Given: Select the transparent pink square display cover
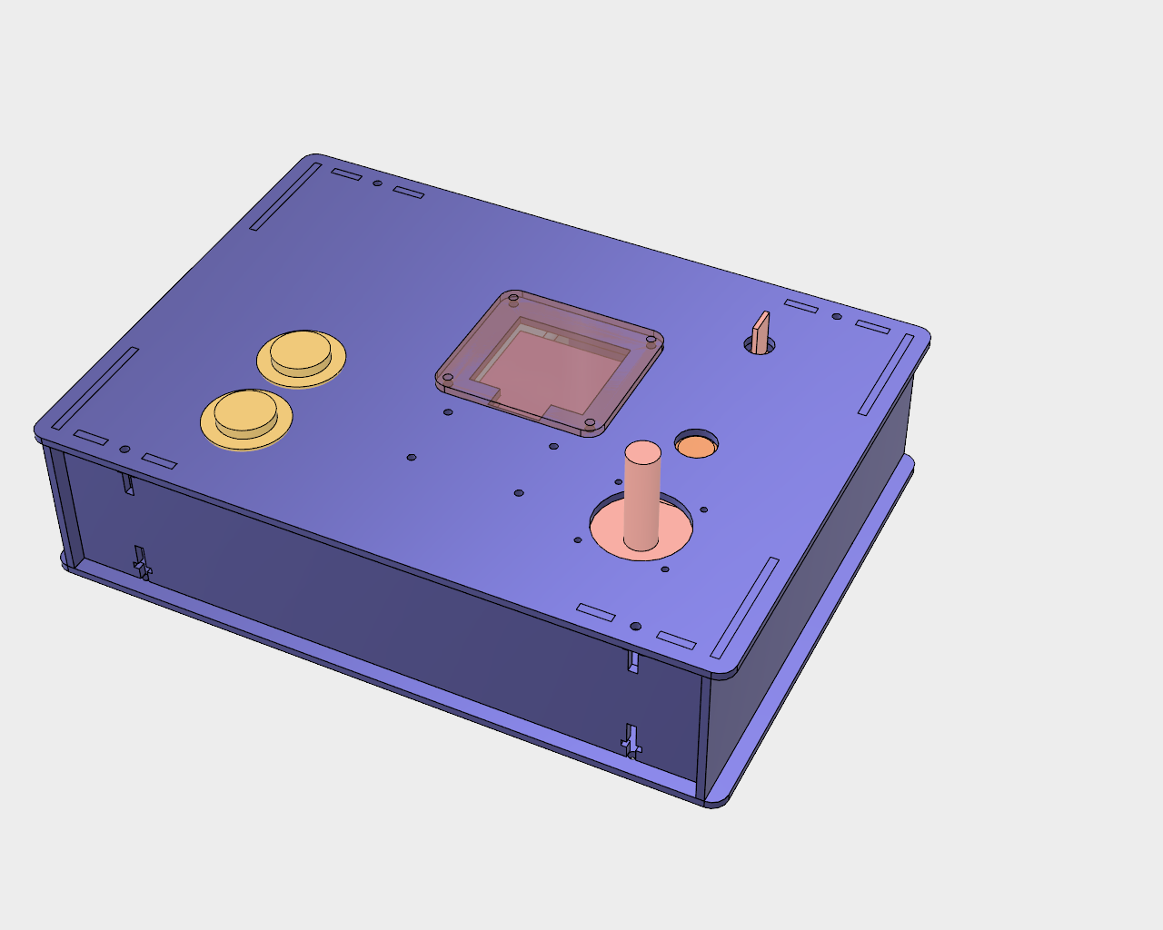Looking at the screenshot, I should click(x=551, y=363).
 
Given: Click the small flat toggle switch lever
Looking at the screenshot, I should click(x=760, y=331).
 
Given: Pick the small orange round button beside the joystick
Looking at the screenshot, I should click(x=697, y=446).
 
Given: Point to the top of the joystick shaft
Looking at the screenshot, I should click(x=643, y=451).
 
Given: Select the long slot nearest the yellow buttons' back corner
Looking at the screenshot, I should click(x=285, y=196).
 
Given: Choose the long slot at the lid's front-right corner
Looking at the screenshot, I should click(x=745, y=608).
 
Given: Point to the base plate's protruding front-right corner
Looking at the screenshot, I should click(x=718, y=799).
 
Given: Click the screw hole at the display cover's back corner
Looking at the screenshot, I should click(x=513, y=297).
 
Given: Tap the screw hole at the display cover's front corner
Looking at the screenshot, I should click(x=590, y=422).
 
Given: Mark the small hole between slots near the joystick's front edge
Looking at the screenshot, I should click(x=636, y=627).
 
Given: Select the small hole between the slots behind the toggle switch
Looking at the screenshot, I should click(x=837, y=317).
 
